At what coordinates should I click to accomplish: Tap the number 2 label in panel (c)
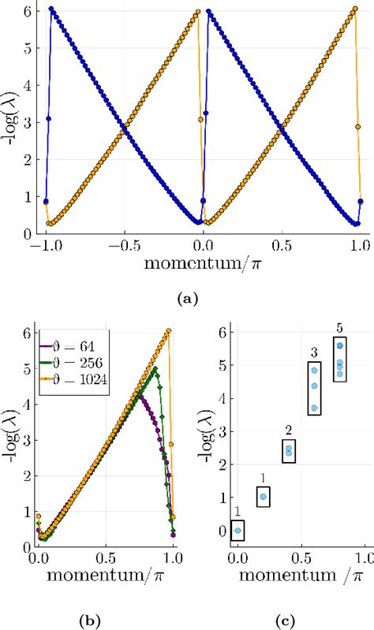288,431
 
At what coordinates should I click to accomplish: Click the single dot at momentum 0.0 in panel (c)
237,531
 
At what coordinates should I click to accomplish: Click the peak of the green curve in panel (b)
155,367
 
